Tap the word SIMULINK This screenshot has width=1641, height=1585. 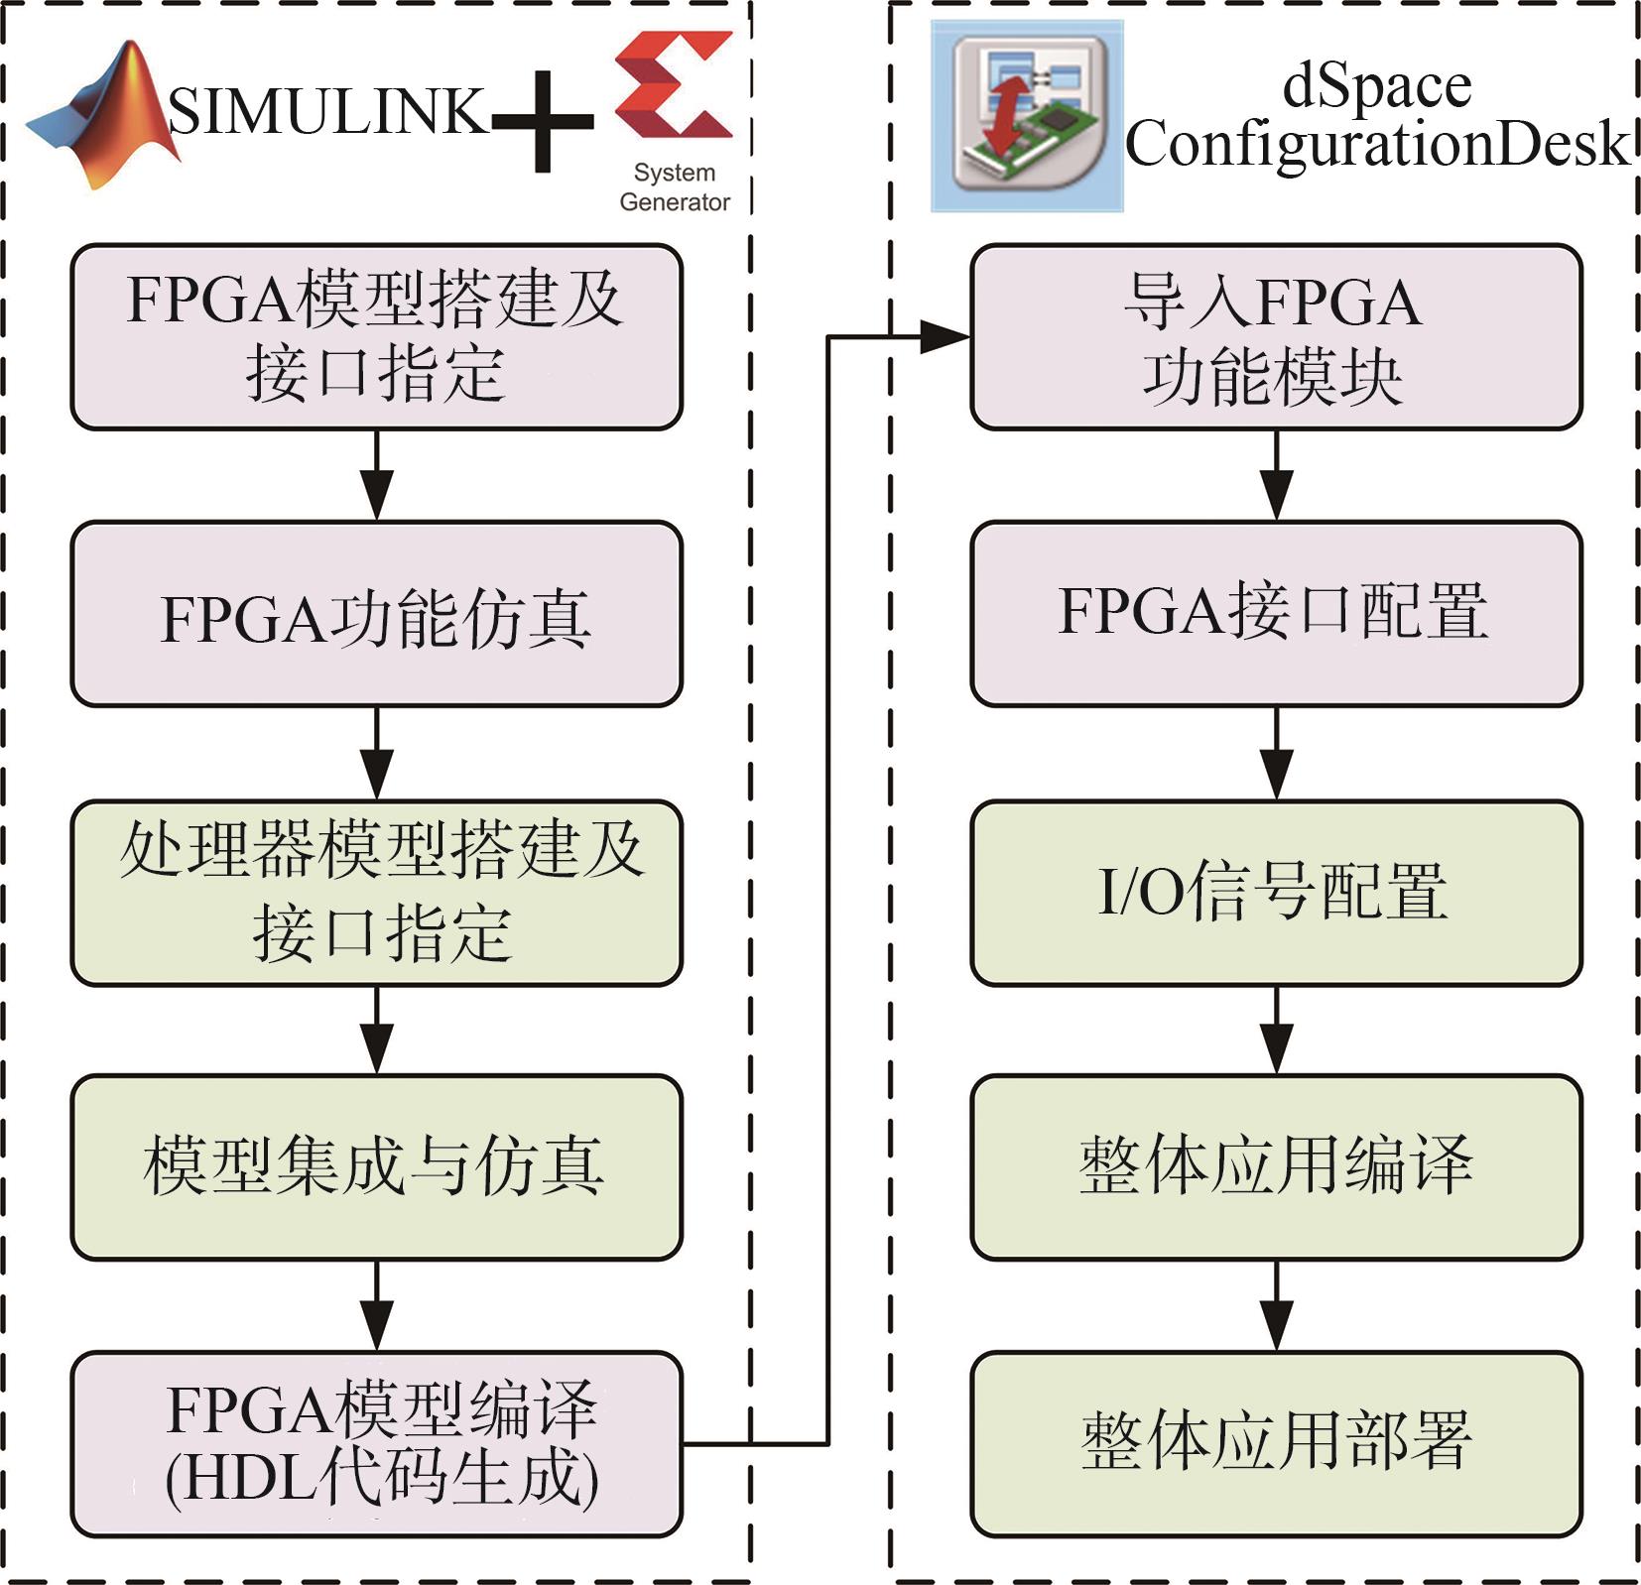click(327, 111)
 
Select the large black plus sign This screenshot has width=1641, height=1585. click(542, 121)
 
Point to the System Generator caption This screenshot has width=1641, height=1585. click(674, 186)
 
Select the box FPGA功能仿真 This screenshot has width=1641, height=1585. click(376, 615)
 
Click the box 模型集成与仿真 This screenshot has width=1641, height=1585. click(376, 1166)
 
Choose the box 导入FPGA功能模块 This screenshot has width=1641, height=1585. click(1275, 337)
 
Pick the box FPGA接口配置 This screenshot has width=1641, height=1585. click(1275, 613)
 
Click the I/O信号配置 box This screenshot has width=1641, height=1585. click(1275, 892)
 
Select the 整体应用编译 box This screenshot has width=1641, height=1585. click(1275, 1166)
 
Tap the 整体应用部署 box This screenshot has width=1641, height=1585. click(1275, 1442)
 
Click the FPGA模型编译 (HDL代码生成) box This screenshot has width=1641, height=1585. click(376, 1443)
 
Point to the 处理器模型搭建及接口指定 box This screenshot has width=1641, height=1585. click(376, 892)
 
